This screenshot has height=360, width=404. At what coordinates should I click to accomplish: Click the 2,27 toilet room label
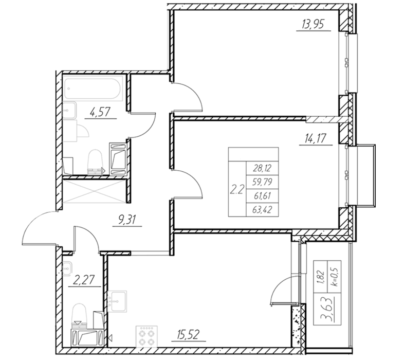click(84, 280)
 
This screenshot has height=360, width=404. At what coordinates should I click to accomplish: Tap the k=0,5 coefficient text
click(335, 277)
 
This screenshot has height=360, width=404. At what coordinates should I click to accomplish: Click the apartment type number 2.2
click(236, 190)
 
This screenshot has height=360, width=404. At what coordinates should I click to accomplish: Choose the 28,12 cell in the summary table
click(262, 169)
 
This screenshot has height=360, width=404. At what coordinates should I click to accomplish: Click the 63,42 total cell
click(262, 210)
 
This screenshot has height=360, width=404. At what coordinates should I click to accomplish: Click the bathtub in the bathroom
click(93, 88)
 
